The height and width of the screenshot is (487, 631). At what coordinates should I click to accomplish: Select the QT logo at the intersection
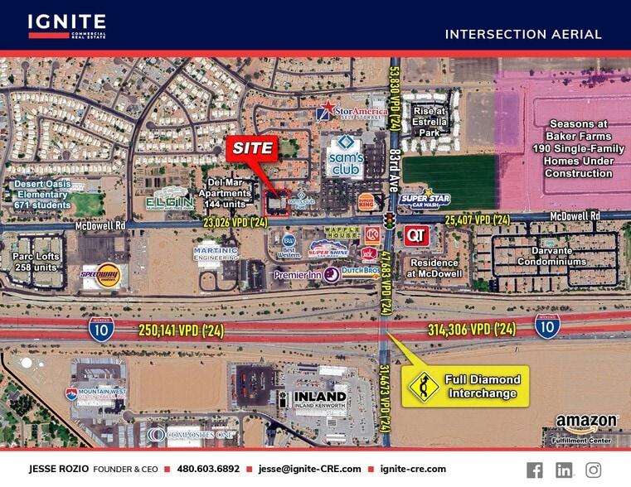(x=416, y=235)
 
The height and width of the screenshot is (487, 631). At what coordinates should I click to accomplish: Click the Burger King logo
(x=366, y=201)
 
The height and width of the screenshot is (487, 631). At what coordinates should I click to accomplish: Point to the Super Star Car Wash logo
(x=425, y=199)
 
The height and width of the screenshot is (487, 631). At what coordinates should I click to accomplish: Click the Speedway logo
(x=99, y=275)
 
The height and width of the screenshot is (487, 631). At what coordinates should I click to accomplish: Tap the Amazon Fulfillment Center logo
(x=586, y=424)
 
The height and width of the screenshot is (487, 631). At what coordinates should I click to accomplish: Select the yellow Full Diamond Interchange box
(x=464, y=386)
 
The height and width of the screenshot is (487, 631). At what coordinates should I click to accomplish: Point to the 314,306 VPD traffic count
(x=473, y=330)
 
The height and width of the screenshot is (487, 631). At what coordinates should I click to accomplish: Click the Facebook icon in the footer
(x=535, y=470)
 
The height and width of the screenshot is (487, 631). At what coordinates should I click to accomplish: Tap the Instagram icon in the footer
(x=593, y=470)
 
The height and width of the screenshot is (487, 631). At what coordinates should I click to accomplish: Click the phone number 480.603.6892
(x=207, y=469)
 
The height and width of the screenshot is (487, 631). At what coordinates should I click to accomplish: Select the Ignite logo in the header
(x=66, y=26)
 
